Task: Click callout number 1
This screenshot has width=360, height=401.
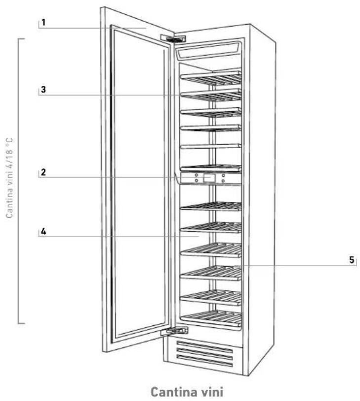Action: pyautogui.click(x=43, y=22)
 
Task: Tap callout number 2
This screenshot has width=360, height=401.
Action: pyautogui.click(x=43, y=173)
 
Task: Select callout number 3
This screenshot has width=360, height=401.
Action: pyautogui.click(x=43, y=90)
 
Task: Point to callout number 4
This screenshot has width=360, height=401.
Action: pyautogui.click(x=43, y=231)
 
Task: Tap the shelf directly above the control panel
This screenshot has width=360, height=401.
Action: pyautogui.click(x=211, y=167)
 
